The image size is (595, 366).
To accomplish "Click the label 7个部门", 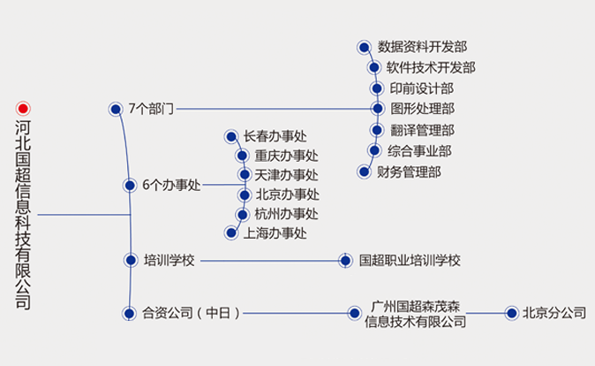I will pos(151,109).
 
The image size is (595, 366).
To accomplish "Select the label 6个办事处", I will pos(171,186).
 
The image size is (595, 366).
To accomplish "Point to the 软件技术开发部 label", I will pos(431,67).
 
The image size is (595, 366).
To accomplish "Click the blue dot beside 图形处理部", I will pos(377,109).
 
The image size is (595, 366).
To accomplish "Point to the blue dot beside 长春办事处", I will pos(230,136).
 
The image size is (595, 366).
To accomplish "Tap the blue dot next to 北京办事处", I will pos(244,194).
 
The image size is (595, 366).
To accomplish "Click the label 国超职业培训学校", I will pos(410,261).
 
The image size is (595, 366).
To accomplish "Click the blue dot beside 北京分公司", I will pos(509,312).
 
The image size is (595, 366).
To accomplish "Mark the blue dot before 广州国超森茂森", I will pos(354,312).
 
